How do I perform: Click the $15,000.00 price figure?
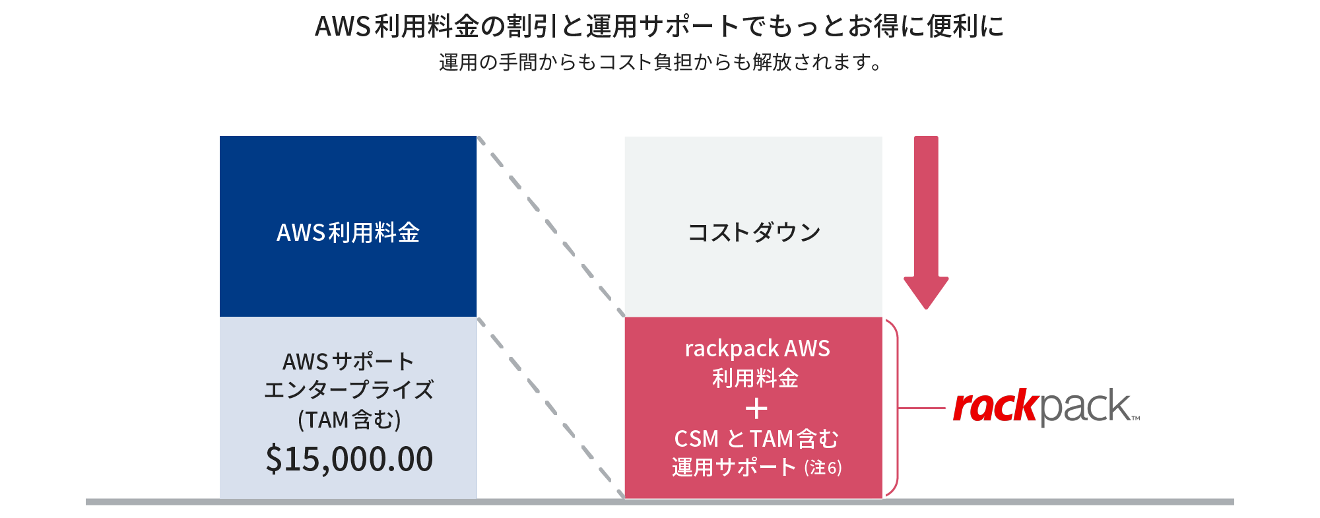(349, 459)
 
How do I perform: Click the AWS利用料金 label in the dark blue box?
(348, 233)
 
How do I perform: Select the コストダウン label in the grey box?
(754, 232)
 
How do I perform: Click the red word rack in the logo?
(996, 406)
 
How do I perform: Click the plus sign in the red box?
(756, 410)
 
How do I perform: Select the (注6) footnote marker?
(822, 468)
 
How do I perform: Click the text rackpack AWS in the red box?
(757, 348)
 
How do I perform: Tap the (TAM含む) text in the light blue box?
(349, 420)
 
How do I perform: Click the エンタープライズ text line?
(348, 390)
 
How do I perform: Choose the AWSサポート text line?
(348, 362)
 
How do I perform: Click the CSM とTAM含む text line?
(756, 439)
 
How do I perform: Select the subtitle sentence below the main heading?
(660, 63)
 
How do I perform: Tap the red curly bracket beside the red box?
(894, 408)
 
